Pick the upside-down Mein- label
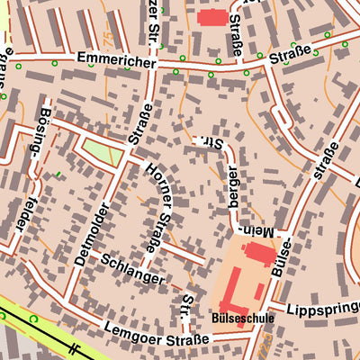tap(255, 232)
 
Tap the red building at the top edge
tap(212, 16)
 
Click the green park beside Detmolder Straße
tap(102, 150)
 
